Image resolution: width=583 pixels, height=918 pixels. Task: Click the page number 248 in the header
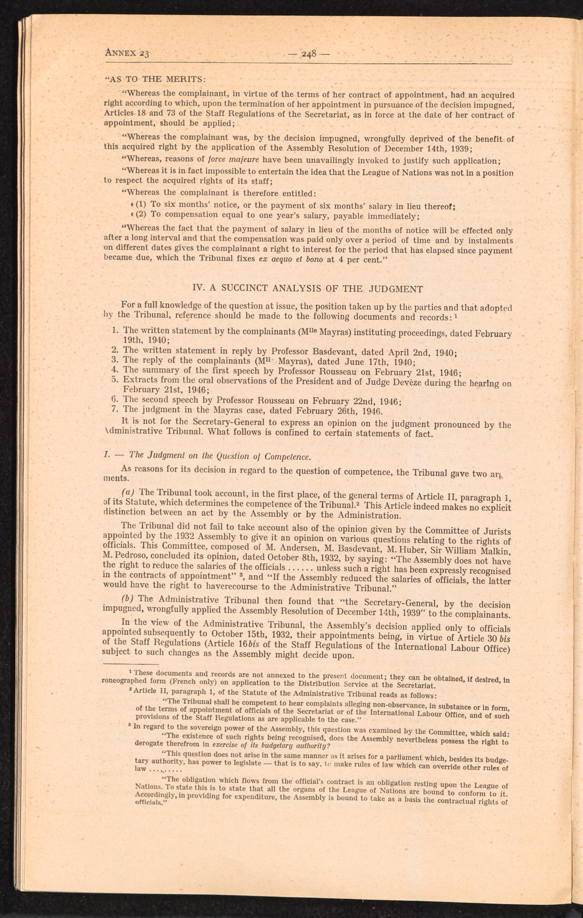(309, 54)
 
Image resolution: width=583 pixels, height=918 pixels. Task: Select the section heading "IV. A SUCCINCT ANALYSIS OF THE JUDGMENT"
(308, 289)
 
